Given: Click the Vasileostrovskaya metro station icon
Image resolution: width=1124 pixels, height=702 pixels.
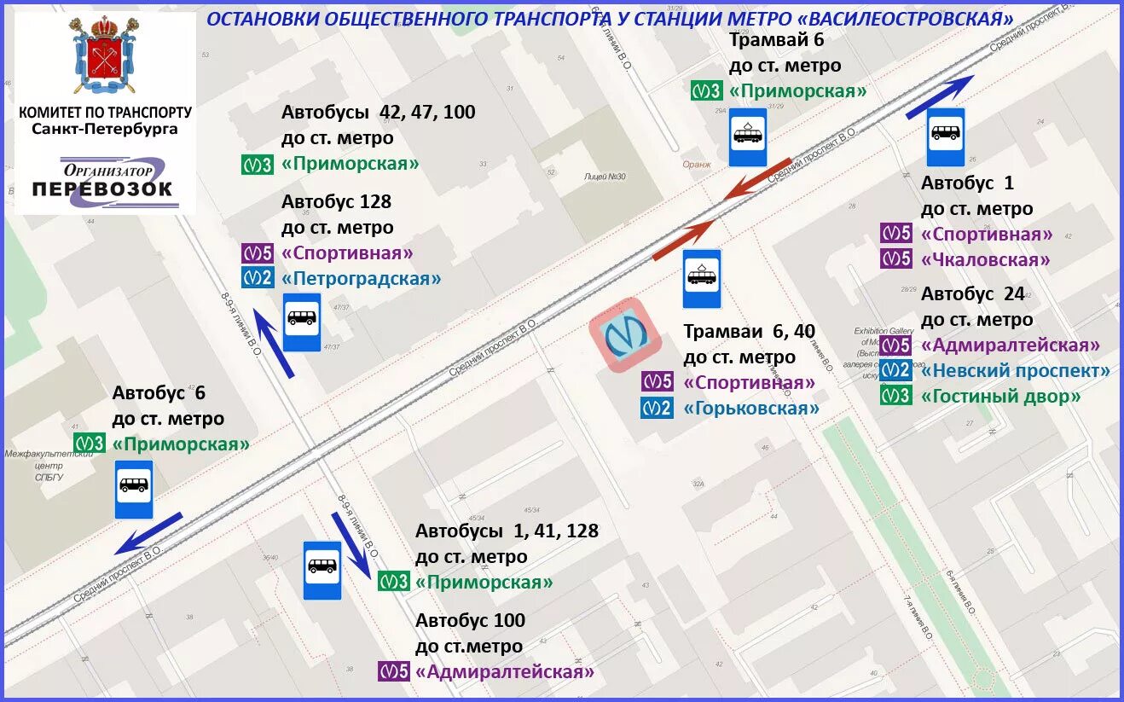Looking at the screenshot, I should (625, 335).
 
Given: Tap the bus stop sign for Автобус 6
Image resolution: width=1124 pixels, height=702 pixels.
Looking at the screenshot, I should (134, 489).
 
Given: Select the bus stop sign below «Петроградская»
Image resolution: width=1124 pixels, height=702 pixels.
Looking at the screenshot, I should (302, 322).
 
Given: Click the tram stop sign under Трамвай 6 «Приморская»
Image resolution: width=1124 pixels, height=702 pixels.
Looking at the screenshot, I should (748, 136).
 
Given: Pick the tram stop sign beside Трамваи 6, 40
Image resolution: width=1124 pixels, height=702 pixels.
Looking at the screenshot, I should (702, 278).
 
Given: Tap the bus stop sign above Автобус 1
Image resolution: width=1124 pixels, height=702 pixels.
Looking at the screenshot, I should (946, 136).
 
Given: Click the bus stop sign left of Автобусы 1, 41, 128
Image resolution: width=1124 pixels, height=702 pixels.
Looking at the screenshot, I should (322, 569).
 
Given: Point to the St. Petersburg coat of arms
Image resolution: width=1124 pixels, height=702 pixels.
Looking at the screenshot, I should (106, 55).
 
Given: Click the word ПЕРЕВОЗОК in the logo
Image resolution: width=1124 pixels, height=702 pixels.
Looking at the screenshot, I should (102, 189).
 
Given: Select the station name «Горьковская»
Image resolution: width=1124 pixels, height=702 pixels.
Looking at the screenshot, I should (751, 409).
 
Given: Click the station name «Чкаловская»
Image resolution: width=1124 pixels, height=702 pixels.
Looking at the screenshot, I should (985, 260).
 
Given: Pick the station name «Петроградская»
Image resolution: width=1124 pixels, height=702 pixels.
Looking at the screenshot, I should (362, 278).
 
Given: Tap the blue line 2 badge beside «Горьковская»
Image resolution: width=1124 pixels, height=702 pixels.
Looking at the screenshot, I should (657, 409).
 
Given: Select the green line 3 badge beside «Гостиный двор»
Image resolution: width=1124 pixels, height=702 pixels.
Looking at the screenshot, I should (895, 397).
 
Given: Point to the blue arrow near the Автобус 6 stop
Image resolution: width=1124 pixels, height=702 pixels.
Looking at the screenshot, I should (150, 531).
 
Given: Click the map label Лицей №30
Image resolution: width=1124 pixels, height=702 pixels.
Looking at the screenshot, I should (605, 177).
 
